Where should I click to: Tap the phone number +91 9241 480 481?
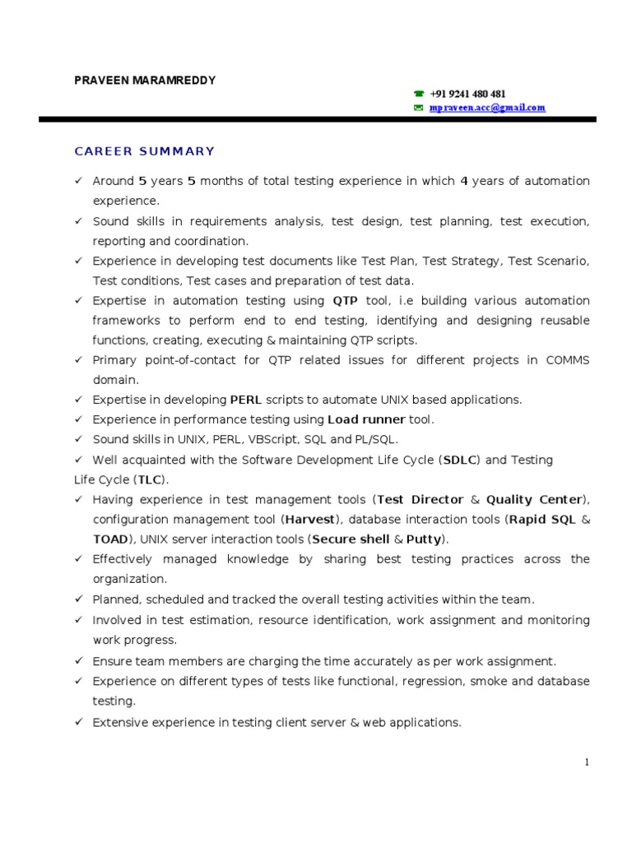tap(467, 95)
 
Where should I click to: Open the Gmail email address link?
tap(487, 108)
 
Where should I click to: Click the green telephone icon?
tap(418, 95)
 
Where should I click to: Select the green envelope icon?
tap(418, 108)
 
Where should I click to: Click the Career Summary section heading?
tap(145, 151)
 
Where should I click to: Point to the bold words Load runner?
tap(366, 419)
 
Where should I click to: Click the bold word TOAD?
tap(111, 539)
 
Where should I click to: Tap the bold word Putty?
tap(424, 539)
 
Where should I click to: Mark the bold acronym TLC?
tap(149, 479)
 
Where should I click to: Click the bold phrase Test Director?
tap(415, 499)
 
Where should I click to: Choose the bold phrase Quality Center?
tap(533, 499)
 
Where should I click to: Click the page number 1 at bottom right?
tap(587, 762)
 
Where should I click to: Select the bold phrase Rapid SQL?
tap(540, 520)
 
